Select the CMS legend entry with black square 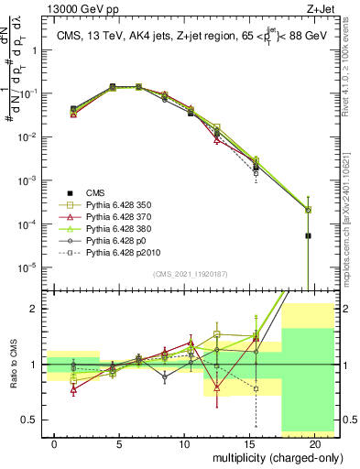[95, 192]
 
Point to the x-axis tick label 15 [250, 442]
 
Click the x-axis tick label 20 [314, 442]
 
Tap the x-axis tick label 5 [120, 442]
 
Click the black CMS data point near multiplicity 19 [308, 235]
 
